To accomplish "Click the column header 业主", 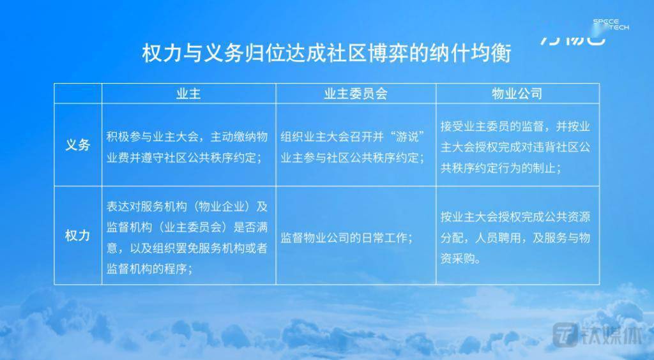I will point(188,94).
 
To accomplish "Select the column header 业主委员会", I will point(356,94).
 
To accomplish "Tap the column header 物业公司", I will point(517,94).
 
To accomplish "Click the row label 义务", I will point(78,145).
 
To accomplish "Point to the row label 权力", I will point(78,236).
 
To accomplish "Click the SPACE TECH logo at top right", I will point(611,24).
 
